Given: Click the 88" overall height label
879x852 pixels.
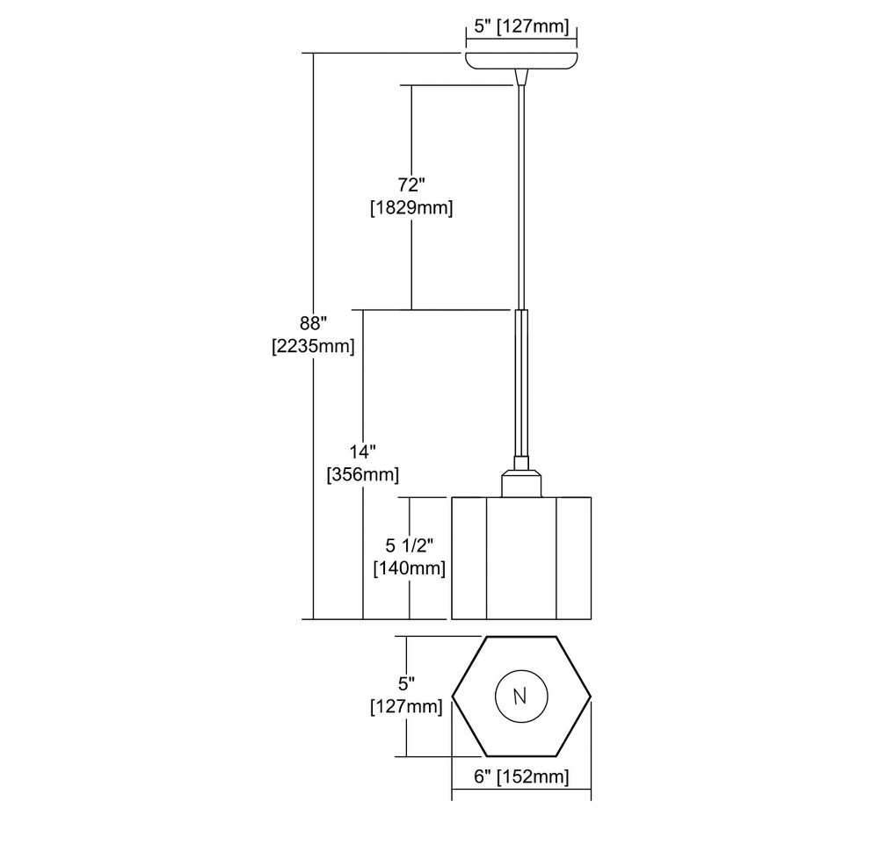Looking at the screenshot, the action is (x=314, y=324).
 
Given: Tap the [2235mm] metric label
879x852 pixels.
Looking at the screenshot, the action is (x=314, y=347).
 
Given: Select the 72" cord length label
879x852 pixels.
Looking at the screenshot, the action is (x=411, y=184).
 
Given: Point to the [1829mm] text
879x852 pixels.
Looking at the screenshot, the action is (x=411, y=208).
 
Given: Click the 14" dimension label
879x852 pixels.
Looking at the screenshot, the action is (x=363, y=452).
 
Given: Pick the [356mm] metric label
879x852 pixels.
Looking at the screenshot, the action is (x=363, y=475).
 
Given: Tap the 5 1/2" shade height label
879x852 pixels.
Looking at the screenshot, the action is (x=410, y=545).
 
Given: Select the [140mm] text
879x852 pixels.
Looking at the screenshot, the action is (x=410, y=568).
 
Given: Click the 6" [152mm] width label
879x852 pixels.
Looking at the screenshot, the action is (x=521, y=777).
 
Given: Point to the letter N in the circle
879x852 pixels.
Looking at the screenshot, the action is (x=520, y=697).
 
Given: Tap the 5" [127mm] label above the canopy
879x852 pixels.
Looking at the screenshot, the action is (x=521, y=26).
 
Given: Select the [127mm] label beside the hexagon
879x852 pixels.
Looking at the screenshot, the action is (x=406, y=707).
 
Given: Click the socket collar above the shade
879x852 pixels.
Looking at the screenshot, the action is (x=521, y=483).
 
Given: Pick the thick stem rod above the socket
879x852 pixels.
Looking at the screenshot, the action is (x=521, y=383).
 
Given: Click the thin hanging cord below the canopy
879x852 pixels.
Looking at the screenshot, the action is (x=521, y=196).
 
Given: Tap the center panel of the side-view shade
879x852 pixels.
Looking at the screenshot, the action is (x=521, y=558).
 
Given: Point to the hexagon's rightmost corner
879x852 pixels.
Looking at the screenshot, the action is (x=591, y=697).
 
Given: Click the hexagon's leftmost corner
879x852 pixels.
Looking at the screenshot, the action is (x=453, y=697).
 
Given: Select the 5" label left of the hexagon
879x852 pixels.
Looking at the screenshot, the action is (x=406, y=683).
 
